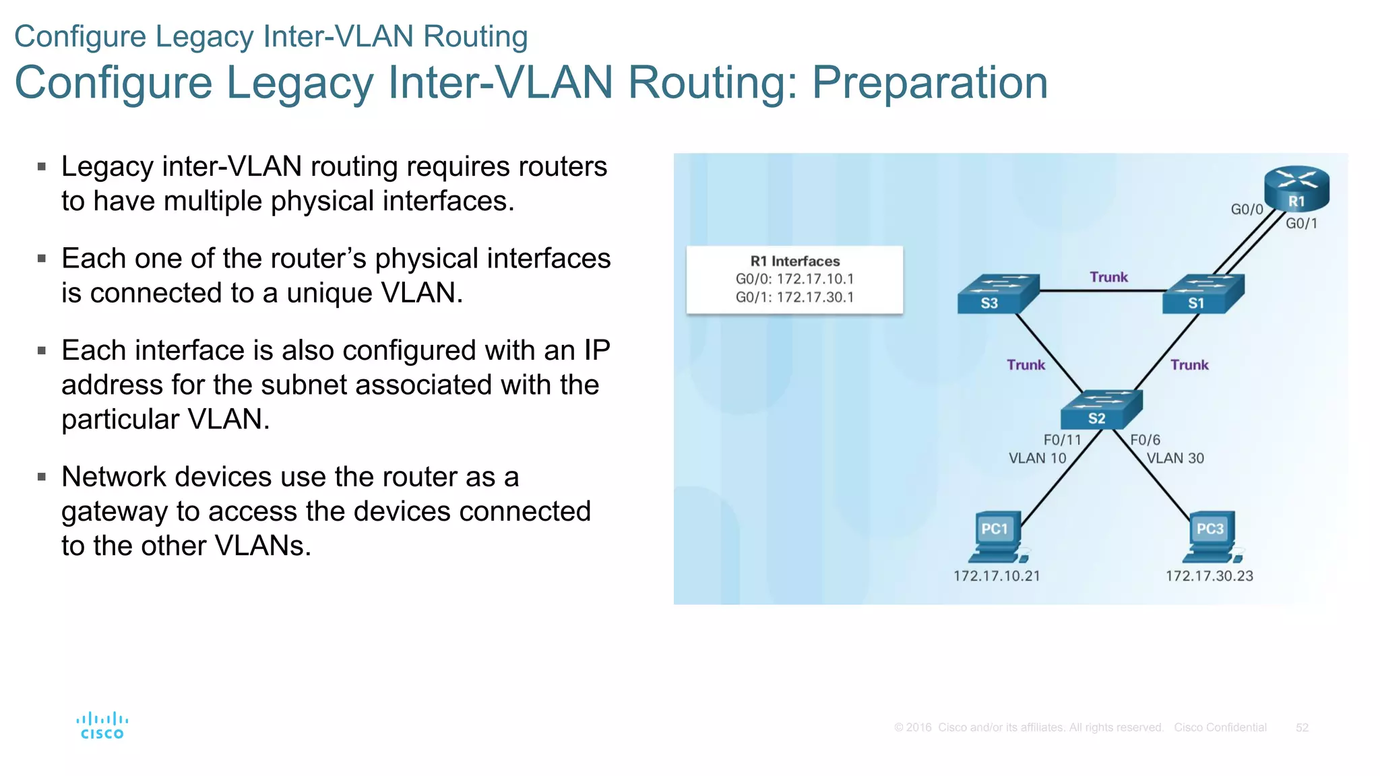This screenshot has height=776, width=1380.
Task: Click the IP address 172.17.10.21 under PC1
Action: coord(997,576)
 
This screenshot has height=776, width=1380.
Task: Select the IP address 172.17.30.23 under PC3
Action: coord(1210,576)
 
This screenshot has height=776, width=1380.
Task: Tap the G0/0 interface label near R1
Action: coord(1247,209)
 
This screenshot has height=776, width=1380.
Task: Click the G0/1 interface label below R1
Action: coord(1301,224)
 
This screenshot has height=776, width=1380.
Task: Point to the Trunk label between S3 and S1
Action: coord(1108,277)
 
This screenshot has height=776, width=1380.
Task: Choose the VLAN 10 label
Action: coord(1037,458)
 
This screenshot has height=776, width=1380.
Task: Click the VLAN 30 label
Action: coord(1175,458)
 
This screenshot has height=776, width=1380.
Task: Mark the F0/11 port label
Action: coord(1062,440)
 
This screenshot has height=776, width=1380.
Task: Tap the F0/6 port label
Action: coord(1145,440)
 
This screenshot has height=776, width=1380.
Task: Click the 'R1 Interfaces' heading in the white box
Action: coord(795,261)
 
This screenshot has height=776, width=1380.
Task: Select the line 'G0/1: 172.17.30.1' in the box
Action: coord(794,297)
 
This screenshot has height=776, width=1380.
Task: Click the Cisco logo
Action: coord(102,725)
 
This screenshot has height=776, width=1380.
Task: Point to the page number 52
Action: coord(1302,727)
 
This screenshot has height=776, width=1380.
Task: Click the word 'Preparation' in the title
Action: coord(930,82)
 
